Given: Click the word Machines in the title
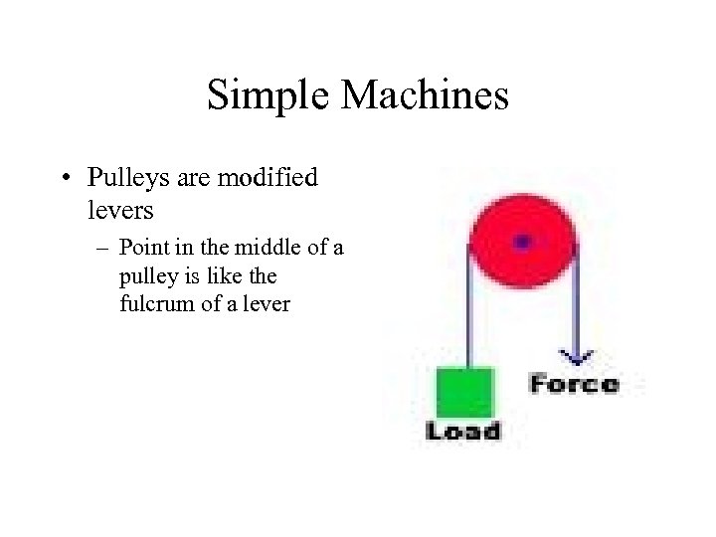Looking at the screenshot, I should [x=425, y=96].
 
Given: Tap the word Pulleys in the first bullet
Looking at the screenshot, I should [x=122, y=178].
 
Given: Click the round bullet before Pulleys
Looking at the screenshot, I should [x=65, y=180].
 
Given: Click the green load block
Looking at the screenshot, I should [x=465, y=392].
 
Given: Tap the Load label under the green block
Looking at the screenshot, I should [x=463, y=431].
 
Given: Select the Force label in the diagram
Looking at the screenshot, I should [x=574, y=384].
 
